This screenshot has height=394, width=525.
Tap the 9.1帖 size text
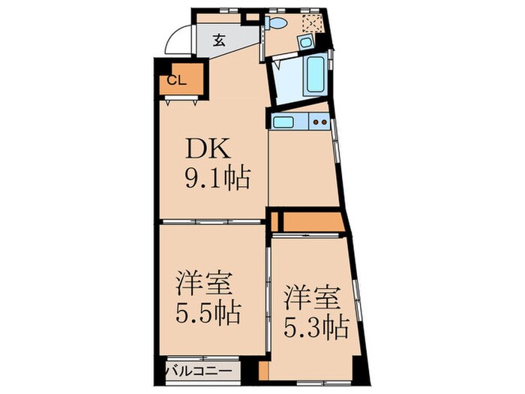click(216, 179)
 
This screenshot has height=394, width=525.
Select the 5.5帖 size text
click(209, 311)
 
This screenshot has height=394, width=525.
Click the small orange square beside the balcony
click(262, 371)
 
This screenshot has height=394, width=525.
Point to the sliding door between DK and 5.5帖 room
click(212, 222)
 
